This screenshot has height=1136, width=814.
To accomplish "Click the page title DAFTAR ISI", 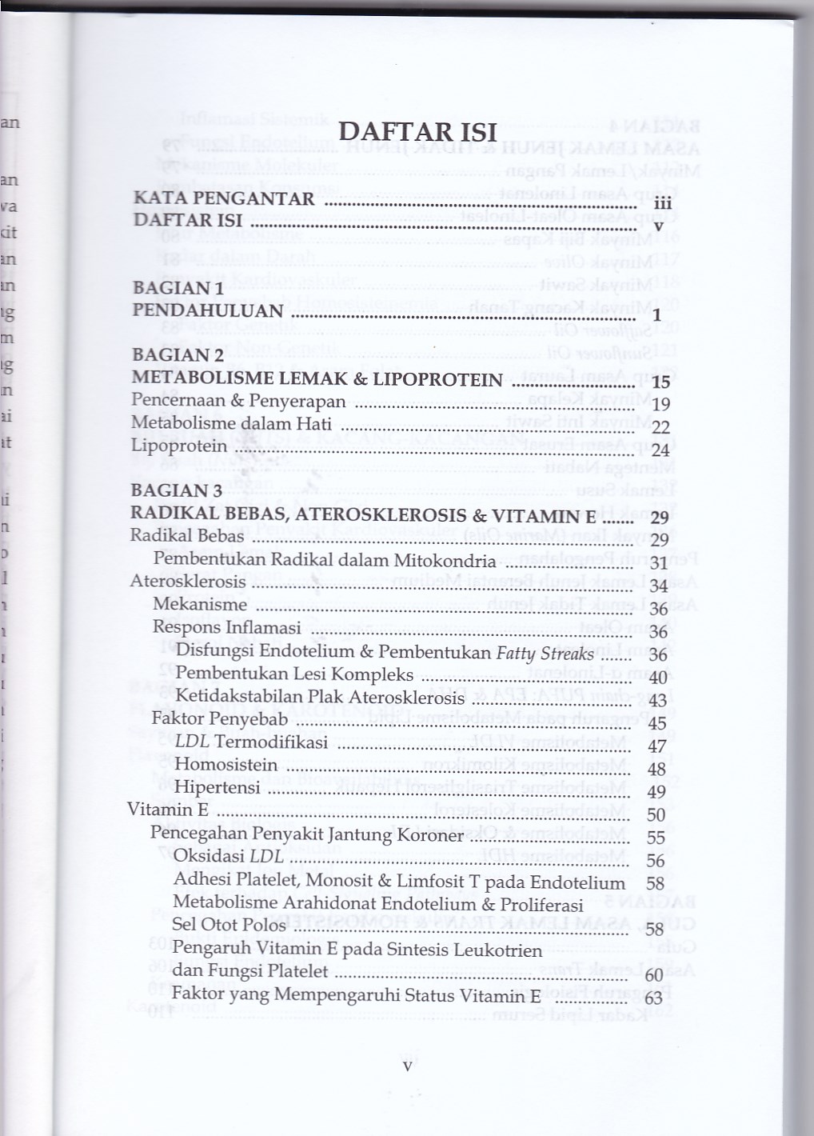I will click(418, 132).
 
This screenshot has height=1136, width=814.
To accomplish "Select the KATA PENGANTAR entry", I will click(224, 198).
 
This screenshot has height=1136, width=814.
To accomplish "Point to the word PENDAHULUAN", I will click(208, 310).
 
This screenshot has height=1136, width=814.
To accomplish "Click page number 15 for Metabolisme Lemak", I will click(660, 382).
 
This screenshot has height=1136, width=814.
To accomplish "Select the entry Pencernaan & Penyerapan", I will click(238, 401).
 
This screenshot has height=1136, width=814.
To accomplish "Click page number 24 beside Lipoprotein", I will click(660, 450).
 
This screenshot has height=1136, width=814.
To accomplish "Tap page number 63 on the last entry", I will click(653, 998).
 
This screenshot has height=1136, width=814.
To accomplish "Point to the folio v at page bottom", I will click(407, 1066).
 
